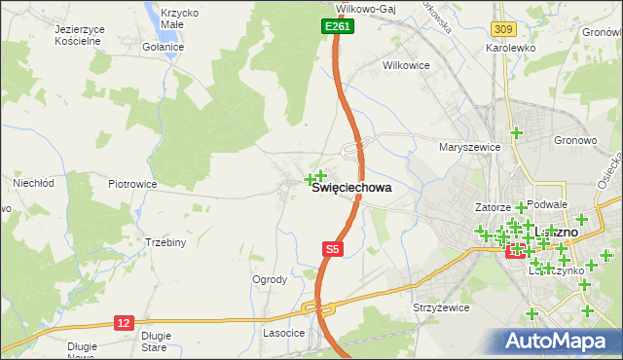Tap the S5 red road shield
coord(333,250)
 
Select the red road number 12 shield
coord(124,322)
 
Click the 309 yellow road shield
coord(501,32)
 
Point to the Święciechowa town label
coord(351,191)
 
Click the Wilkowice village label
coord(408,66)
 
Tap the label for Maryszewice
coord(469,148)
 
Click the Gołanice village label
coord(163,47)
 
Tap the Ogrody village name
coord(270,280)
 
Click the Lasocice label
coord(284,333)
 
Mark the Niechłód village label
coord(31,182)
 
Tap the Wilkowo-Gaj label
coord(362,6)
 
